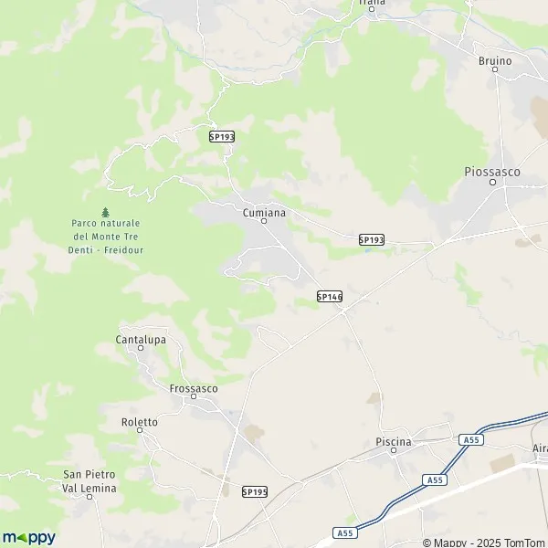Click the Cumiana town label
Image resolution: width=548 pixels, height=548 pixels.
point(264,211)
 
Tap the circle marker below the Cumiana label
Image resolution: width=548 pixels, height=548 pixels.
point(264,220)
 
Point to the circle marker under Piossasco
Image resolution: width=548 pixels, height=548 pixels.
point(492,181)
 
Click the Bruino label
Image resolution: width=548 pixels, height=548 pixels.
point(495,60)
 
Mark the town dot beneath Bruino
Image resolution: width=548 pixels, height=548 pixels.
point(495,70)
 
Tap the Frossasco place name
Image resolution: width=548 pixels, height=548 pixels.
point(194,387)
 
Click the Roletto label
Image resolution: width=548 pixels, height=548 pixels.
point(140,422)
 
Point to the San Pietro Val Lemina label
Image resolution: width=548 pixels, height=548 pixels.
point(90,480)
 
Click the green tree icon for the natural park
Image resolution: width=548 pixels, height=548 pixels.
point(105,212)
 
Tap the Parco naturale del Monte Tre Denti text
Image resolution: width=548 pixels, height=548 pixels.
point(109,237)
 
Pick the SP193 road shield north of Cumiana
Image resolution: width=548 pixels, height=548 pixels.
point(222,136)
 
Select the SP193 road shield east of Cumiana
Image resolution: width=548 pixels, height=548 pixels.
point(371,239)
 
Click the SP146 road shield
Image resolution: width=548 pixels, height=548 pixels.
point(329,296)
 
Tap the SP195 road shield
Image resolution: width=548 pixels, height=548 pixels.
point(255,491)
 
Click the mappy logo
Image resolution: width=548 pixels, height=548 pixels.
point(28,537)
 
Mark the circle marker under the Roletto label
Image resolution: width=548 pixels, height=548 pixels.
point(140,432)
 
